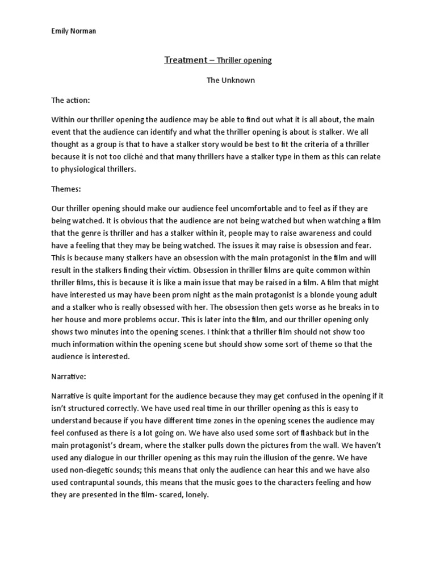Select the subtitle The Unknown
[x=230, y=80]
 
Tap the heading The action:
[x=71, y=100]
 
